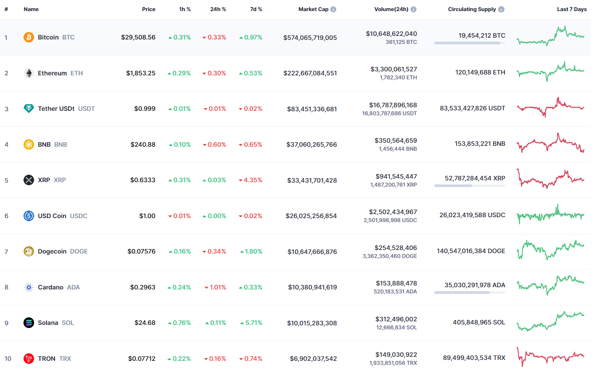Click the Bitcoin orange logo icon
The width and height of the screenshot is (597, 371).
pos(28,37)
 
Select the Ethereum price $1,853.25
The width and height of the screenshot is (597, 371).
pos(140,73)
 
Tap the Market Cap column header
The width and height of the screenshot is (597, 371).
pos(313,9)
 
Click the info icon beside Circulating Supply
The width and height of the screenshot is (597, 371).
pos(501,9)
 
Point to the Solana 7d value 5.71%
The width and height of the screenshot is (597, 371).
pos(253,323)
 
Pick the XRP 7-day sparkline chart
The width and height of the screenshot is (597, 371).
pos(550,179)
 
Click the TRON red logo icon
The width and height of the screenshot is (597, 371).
pos(28,359)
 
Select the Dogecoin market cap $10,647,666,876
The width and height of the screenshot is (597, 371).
pos(312,252)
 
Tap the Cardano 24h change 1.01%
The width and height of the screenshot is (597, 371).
pos(217,287)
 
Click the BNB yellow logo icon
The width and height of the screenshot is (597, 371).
pos(28,144)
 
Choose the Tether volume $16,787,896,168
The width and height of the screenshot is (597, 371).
pos(393,105)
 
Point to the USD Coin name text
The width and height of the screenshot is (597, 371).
pos(52,216)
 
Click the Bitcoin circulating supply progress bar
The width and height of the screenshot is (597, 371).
pos(469,43)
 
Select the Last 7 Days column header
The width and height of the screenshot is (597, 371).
pos(572,9)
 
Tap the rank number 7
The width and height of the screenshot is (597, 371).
pos(6,252)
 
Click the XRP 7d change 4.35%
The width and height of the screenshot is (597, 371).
pos(253,180)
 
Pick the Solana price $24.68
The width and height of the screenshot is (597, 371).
pos(145,323)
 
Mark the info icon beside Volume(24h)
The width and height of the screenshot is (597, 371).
pos(414,9)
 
